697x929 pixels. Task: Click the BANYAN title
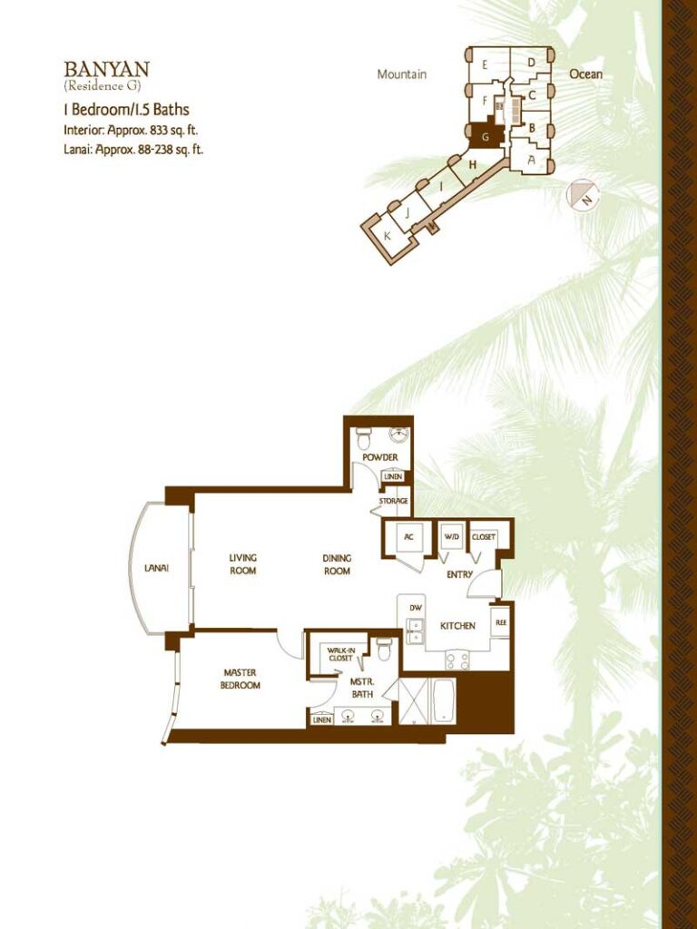(x=107, y=69)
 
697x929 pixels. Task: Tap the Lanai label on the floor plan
(x=156, y=568)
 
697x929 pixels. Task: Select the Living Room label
(x=243, y=564)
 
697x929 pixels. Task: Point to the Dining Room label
(x=337, y=564)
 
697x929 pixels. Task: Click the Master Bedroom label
(x=240, y=679)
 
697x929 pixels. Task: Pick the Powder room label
(x=380, y=457)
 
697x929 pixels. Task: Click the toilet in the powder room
(x=363, y=439)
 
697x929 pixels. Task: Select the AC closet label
(x=408, y=537)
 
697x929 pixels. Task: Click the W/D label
(x=452, y=537)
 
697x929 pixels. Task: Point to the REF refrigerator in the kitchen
(x=501, y=622)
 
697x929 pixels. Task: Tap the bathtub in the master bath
(x=443, y=701)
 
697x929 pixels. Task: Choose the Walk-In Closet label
(x=341, y=654)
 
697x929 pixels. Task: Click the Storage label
(x=394, y=501)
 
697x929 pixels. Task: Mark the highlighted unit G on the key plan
(x=486, y=136)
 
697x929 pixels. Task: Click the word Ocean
(x=585, y=74)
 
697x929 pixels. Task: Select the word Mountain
(x=402, y=74)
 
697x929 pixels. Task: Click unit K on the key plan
(x=387, y=236)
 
